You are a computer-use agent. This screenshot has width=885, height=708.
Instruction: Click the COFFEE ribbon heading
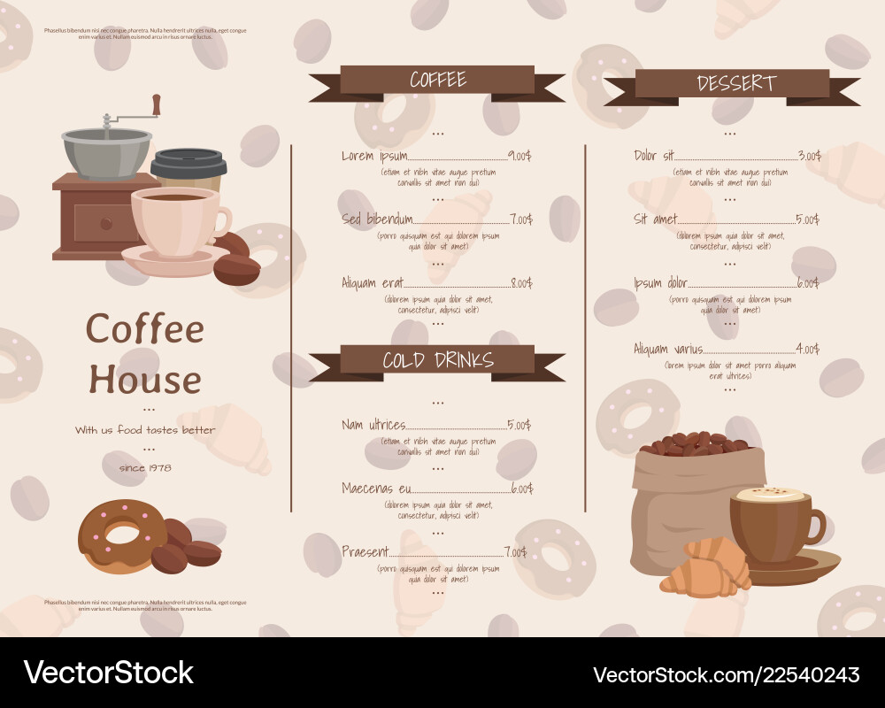click(x=437, y=81)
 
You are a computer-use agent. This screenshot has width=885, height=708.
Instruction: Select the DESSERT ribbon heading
click(x=735, y=83)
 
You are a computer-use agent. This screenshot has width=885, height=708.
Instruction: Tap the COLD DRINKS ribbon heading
click(x=437, y=359)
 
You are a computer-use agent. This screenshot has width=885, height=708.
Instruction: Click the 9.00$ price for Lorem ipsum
click(x=519, y=156)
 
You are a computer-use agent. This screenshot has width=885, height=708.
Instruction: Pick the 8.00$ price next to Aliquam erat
click(x=520, y=283)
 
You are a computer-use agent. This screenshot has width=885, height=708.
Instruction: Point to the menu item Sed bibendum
click(x=377, y=219)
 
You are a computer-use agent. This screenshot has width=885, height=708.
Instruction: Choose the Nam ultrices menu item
click(x=373, y=425)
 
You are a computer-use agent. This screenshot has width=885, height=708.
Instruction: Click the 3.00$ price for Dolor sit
click(x=809, y=156)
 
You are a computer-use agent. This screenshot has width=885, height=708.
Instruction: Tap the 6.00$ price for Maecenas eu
click(x=522, y=489)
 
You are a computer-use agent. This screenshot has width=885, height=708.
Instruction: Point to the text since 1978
click(x=145, y=467)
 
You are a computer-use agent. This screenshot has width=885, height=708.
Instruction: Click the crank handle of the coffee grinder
click(x=156, y=105)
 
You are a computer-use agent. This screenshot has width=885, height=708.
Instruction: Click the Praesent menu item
click(x=365, y=551)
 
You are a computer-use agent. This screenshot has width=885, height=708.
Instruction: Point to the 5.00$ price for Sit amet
click(x=807, y=219)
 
